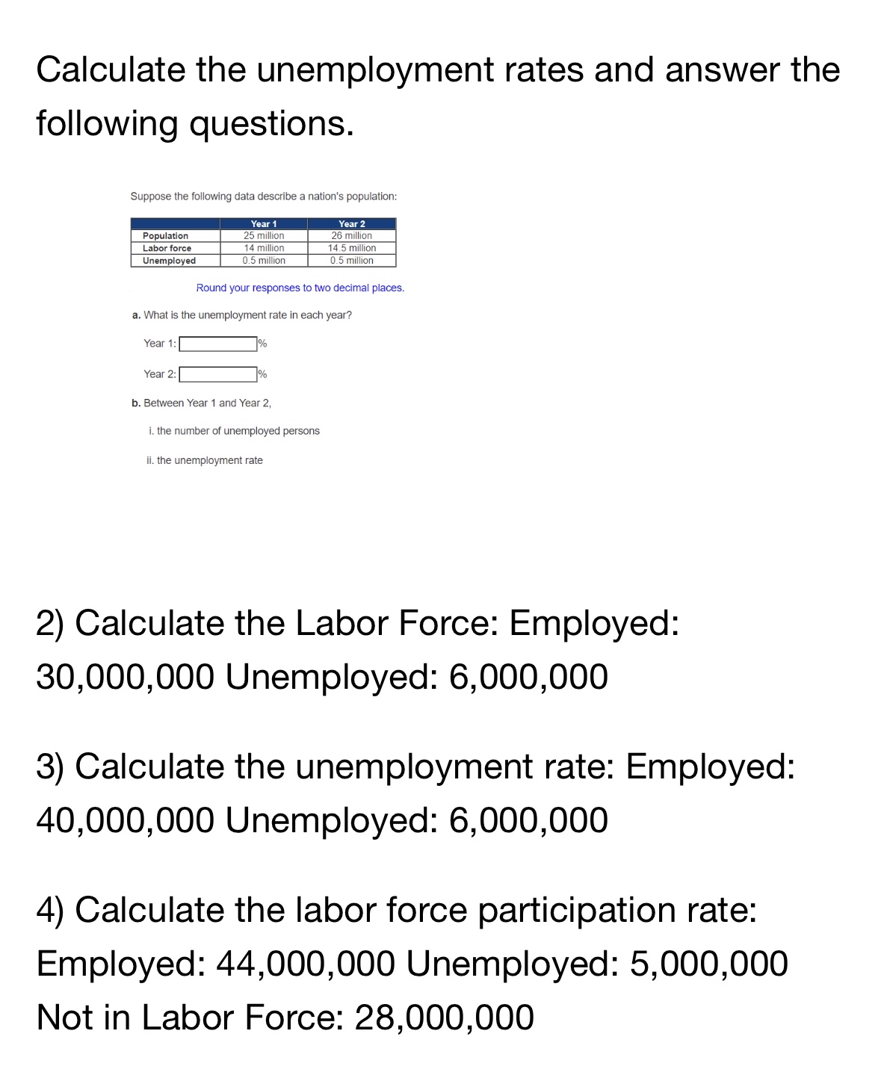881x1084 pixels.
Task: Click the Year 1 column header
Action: point(264,223)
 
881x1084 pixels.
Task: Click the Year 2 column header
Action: point(352,223)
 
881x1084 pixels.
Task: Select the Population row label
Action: point(166,236)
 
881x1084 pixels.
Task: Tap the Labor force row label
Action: point(167,248)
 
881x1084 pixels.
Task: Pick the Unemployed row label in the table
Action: point(170,261)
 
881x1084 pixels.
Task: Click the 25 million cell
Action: point(264,235)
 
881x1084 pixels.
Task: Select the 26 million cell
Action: point(352,235)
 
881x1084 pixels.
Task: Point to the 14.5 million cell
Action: point(352,248)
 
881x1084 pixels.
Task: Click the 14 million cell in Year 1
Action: point(264,248)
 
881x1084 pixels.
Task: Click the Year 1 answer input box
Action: point(217,344)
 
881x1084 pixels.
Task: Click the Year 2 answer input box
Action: point(217,374)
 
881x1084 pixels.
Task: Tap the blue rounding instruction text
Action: point(300,288)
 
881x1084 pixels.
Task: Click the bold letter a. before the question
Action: point(136,315)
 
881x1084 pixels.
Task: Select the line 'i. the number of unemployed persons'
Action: point(234,431)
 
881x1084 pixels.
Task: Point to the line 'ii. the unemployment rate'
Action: point(205,460)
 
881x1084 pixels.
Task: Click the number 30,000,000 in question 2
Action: point(126,677)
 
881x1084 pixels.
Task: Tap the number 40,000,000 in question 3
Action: point(126,820)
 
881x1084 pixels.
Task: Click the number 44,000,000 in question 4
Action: point(306,964)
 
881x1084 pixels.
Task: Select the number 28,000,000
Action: point(444,1018)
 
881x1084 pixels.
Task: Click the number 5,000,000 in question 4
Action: point(709,964)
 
